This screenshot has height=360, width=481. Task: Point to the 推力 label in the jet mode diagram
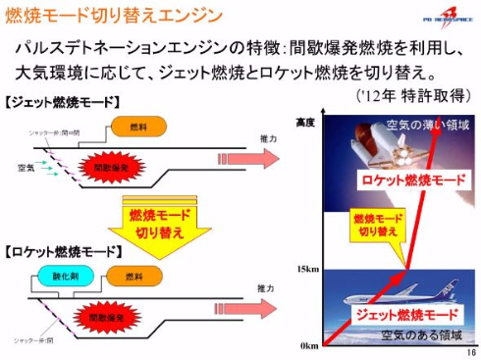point(267,140)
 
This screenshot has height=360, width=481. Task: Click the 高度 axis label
point(305,123)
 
